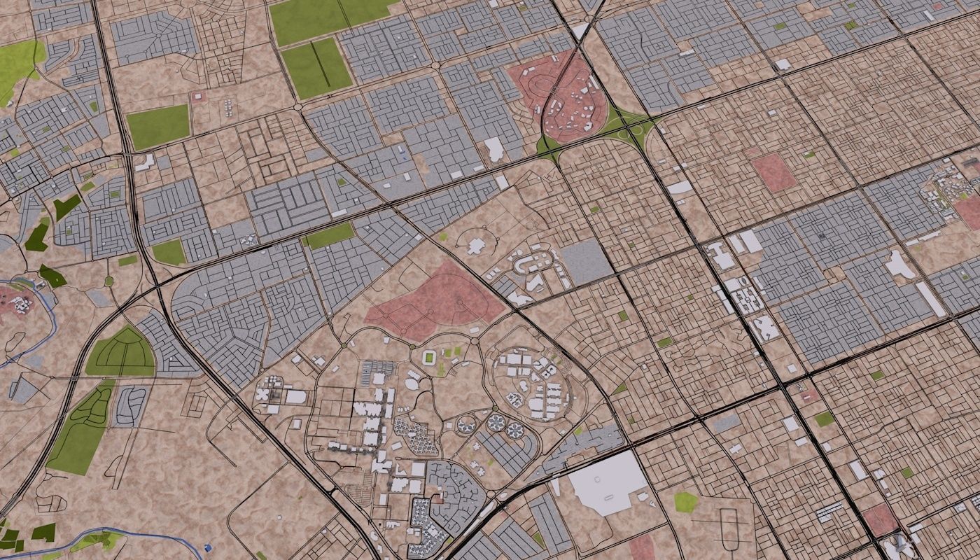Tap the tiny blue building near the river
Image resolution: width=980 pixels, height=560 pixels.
coord(208,547)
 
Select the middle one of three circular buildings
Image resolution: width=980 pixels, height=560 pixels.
coord(496,423)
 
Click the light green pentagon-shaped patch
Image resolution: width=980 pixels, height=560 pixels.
coord(685,501)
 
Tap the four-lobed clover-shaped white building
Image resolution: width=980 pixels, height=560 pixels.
coord(265,394)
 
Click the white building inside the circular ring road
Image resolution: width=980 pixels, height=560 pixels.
coord(477,246)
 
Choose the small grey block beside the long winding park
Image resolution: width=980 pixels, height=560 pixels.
coord(129,406)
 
